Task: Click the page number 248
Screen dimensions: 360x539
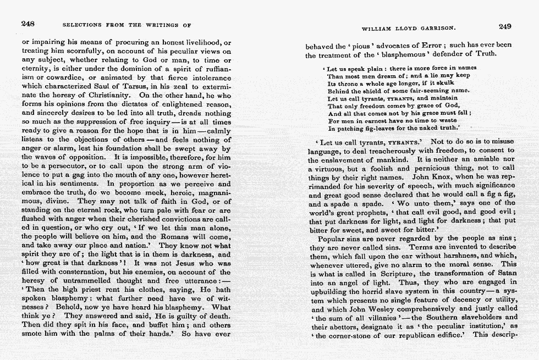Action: coord(28,24)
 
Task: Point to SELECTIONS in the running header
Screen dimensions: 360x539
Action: coord(83,25)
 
